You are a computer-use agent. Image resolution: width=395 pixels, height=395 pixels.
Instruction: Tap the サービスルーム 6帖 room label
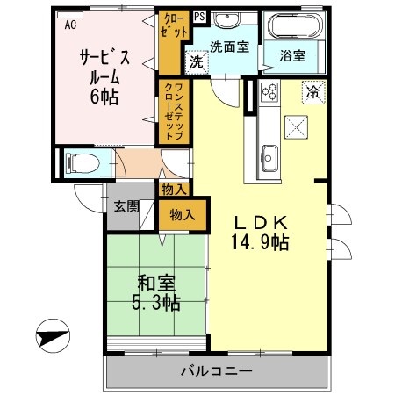(104, 75)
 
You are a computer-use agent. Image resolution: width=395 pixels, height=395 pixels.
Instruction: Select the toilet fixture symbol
(80, 162)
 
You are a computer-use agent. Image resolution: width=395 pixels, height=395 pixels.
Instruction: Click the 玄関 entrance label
(126, 206)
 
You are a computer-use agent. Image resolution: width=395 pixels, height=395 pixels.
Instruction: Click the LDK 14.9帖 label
(261, 231)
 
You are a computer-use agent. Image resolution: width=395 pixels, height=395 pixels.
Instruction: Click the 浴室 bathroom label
(292, 55)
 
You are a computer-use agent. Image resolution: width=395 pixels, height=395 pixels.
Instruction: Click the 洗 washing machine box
(197, 63)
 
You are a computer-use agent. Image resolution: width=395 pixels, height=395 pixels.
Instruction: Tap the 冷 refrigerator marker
(312, 90)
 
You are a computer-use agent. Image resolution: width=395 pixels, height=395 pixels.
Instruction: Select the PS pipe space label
(199, 16)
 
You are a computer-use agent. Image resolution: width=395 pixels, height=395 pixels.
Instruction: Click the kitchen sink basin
(268, 159)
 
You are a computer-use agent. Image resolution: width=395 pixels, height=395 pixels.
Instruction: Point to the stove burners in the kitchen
(268, 92)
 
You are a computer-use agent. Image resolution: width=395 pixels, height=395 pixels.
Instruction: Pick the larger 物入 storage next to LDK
(184, 214)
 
